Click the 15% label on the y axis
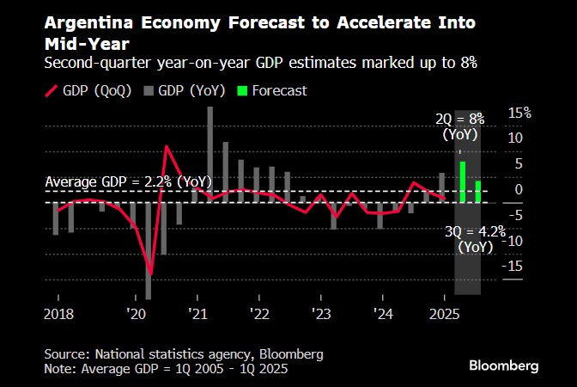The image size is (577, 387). [519, 113]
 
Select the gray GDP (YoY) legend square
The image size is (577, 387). [149, 90]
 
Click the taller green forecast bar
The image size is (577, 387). [463, 182]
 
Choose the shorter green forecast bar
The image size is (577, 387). [477, 192]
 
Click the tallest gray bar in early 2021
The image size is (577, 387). [210, 155]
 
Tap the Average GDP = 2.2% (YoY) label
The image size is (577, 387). [128, 181]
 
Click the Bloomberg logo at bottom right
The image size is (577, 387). [504, 365]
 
